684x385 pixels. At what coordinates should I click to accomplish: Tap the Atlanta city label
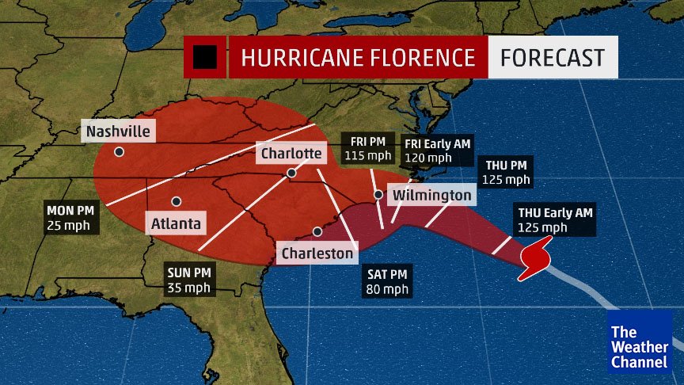177,224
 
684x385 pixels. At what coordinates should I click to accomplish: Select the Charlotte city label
289,153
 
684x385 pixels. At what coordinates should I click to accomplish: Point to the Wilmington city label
432,195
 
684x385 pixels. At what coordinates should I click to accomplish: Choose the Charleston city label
317,253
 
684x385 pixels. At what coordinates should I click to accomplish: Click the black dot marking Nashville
119,151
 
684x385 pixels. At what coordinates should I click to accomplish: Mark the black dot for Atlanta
176,201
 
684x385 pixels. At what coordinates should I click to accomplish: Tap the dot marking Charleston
317,232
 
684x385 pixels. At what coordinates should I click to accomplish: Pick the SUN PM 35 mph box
188,280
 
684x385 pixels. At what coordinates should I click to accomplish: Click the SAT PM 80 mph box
388,281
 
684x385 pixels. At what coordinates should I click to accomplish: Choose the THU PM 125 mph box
507,172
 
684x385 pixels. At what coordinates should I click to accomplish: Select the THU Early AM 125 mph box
554,219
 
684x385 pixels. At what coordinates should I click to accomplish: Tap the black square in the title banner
205,57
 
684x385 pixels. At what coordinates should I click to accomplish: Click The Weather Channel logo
639,341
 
